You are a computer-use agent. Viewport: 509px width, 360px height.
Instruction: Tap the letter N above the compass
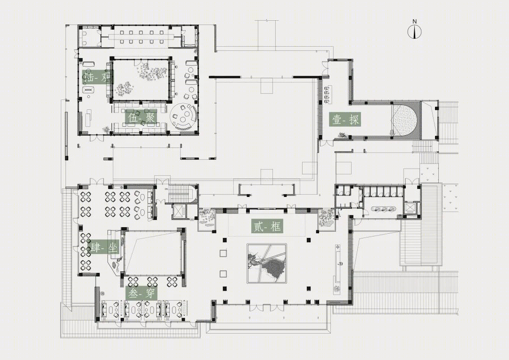point(415,21)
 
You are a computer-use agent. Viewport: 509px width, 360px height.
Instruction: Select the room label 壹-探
point(345,120)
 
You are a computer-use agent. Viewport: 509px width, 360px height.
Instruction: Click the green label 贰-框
point(267,226)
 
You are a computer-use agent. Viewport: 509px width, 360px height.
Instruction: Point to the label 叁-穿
point(141,294)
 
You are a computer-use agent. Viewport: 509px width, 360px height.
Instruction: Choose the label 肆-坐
point(103,248)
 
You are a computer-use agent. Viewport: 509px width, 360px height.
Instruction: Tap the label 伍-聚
point(141,117)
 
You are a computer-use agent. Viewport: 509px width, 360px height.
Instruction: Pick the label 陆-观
point(98,77)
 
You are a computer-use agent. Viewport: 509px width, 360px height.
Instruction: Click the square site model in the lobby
point(266,263)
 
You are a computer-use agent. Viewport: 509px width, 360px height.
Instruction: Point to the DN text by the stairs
point(166,188)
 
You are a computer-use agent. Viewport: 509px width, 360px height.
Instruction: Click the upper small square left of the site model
point(223,253)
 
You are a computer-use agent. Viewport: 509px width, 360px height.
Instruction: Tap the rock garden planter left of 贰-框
point(205,219)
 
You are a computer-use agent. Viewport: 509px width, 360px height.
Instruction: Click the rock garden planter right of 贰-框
point(326,219)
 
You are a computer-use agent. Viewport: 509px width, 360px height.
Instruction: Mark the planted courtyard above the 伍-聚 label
point(140,79)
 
